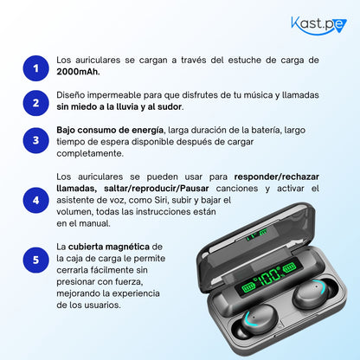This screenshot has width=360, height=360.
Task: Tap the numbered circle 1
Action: pyautogui.click(x=35, y=67)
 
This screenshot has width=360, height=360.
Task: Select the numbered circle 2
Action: pyautogui.click(x=35, y=103)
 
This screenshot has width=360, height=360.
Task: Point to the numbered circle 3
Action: pyautogui.click(x=35, y=140)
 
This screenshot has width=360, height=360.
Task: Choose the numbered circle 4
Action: pyautogui.click(x=35, y=200)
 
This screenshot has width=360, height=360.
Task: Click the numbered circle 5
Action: pyautogui.click(x=35, y=258)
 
